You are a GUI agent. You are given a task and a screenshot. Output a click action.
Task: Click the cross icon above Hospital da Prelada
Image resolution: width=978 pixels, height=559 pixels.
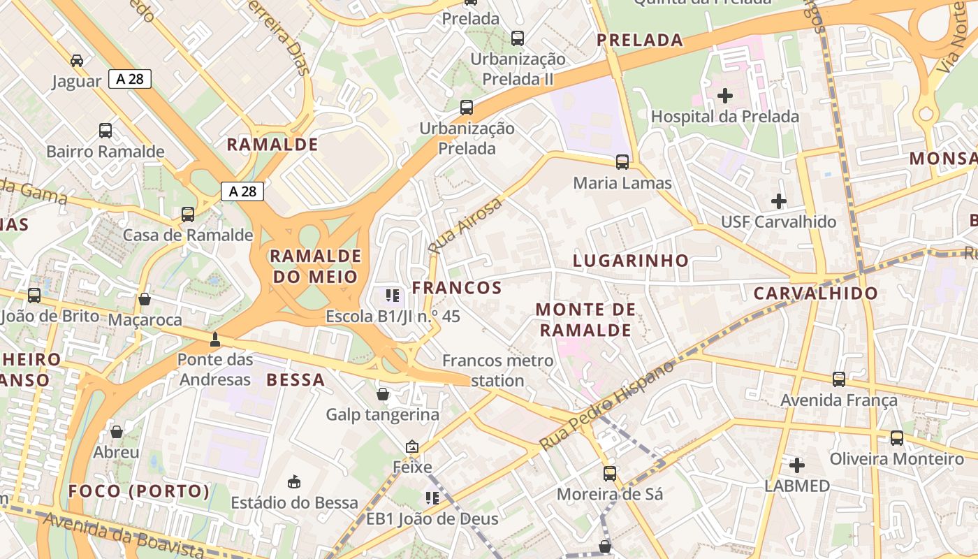(x=725, y=95)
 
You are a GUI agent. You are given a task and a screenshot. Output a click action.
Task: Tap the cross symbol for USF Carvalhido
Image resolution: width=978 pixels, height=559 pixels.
(x=779, y=201)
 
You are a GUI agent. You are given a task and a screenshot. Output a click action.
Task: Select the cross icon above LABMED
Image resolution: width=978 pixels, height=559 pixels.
(x=796, y=465)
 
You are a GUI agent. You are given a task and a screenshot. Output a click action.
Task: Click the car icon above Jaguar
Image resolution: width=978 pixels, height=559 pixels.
(x=77, y=60)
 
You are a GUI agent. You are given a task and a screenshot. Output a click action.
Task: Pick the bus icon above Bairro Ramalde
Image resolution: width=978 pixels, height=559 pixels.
(x=105, y=130)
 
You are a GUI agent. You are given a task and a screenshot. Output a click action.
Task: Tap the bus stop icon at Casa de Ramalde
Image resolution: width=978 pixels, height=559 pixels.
(x=188, y=214)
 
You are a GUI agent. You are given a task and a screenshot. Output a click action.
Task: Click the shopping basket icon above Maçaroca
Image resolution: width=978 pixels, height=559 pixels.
(x=145, y=299)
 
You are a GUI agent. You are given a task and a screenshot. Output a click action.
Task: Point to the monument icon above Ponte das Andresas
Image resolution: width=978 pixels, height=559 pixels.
(x=215, y=340)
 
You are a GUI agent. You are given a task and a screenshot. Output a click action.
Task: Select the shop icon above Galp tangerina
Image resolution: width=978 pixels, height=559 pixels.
(x=383, y=394)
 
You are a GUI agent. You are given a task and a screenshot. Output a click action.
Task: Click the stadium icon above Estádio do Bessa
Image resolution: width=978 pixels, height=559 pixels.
(x=294, y=481)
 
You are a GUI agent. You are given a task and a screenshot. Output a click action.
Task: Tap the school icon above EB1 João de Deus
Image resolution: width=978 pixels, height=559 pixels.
(x=432, y=498)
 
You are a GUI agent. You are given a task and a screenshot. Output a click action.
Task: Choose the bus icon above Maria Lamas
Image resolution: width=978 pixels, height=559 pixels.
(x=622, y=162)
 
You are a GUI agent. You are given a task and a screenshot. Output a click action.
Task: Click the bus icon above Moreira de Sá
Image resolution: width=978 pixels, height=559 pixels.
(x=610, y=473)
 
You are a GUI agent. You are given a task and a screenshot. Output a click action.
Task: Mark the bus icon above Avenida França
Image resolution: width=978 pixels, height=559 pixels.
(x=839, y=379)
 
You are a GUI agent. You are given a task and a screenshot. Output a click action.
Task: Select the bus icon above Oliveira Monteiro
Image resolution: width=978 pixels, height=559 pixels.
(x=897, y=438)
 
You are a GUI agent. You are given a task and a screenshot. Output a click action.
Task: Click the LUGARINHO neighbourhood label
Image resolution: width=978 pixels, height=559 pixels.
(x=631, y=261)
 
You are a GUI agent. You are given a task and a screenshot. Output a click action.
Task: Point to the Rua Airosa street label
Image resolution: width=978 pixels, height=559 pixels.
(x=465, y=225)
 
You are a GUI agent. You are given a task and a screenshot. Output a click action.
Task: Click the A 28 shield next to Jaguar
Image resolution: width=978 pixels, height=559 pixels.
(x=130, y=79)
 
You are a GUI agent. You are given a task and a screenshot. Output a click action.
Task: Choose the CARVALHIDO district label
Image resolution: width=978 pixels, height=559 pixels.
(x=815, y=293)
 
